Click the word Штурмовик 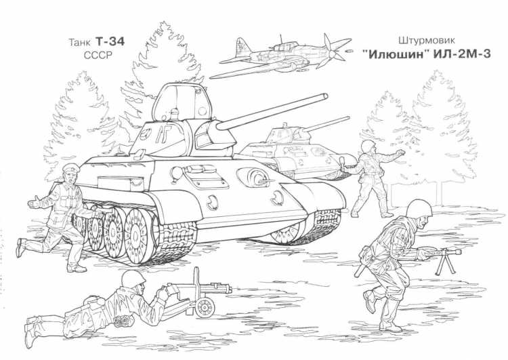pos(423,41)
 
